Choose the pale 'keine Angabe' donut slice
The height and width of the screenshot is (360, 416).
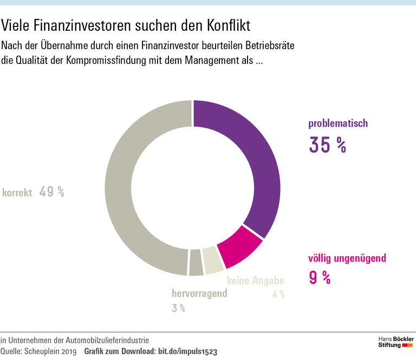[x=212, y=260]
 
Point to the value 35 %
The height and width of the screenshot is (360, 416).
[x=327, y=145]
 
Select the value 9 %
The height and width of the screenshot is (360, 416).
[x=320, y=277]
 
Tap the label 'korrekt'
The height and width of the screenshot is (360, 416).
[x=17, y=192]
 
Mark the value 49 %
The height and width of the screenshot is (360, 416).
[x=51, y=192]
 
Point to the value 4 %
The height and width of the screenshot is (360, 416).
[x=278, y=294]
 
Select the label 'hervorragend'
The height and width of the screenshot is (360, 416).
[x=199, y=294]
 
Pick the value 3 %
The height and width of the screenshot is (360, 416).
[x=179, y=308]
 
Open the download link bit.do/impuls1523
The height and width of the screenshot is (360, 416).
[x=187, y=351]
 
